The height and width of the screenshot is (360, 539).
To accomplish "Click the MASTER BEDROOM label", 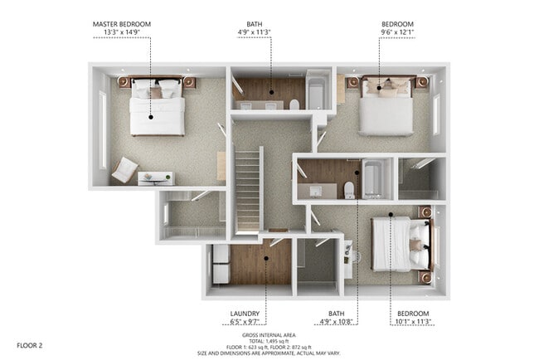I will [122, 24].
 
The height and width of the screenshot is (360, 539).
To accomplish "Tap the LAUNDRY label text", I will [245, 314].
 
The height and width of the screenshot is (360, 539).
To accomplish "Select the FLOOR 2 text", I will [29, 343].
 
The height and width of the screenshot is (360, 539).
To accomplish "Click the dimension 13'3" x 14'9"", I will [122, 33].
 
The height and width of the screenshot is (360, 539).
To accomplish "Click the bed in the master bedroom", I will [156, 106].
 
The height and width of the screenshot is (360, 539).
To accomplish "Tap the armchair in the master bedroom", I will [124, 170].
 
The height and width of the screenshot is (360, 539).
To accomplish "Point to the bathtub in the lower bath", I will [372, 178].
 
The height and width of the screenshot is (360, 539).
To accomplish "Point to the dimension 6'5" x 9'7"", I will [245, 322].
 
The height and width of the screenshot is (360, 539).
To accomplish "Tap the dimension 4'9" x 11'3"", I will [254, 33].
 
